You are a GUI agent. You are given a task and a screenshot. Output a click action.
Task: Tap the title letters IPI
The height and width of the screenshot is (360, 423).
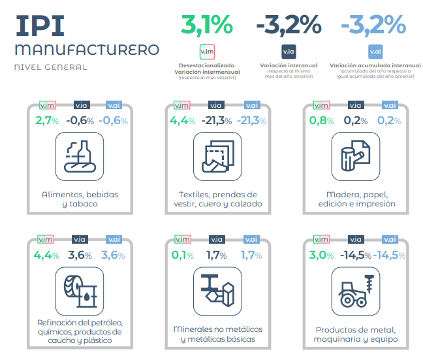[x=40, y=25]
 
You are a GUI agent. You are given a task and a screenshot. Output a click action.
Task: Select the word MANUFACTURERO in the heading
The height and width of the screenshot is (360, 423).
[x=86, y=50]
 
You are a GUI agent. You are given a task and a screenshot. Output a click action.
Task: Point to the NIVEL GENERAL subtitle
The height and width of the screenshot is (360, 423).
[x=50, y=67]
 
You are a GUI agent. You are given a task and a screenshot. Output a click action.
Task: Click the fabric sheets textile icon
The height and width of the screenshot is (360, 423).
[x=216, y=155]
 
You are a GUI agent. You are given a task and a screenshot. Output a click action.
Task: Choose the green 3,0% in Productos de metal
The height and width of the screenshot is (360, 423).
[x=321, y=255]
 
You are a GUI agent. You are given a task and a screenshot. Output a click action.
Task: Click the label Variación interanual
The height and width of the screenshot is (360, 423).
[x=289, y=65]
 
